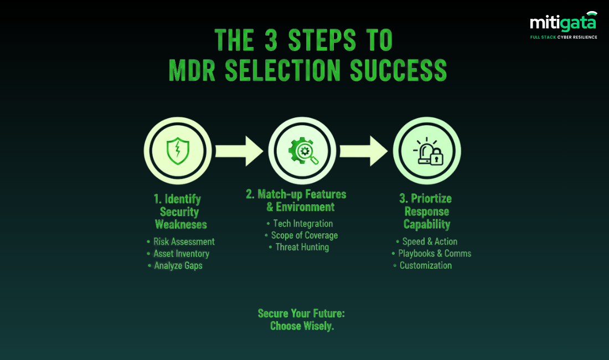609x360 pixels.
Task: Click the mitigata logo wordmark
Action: click(x=562, y=23)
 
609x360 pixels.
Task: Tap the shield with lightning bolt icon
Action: click(x=178, y=150)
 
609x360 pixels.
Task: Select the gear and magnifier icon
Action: click(x=302, y=150)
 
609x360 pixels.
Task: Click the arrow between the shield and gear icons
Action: click(x=239, y=150)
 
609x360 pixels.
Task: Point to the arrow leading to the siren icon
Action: click(x=364, y=150)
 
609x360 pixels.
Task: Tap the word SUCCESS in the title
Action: click(x=394, y=70)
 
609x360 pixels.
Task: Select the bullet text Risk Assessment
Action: click(x=184, y=241)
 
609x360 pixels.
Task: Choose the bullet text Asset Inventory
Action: click(x=181, y=254)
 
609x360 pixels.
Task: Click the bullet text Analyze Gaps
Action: click(x=178, y=266)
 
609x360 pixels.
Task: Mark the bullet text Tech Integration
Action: click(x=303, y=224)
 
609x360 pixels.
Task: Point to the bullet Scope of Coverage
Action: click(x=304, y=235)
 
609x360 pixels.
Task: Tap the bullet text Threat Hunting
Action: click(x=302, y=248)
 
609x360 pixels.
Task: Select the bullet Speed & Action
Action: click(x=430, y=241)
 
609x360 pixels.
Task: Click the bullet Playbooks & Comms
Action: click(x=435, y=254)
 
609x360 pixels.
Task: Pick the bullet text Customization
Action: click(x=426, y=266)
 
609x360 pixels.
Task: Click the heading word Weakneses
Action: click(x=181, y=225)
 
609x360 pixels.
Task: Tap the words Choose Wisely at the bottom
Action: click(x=302, y=326)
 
